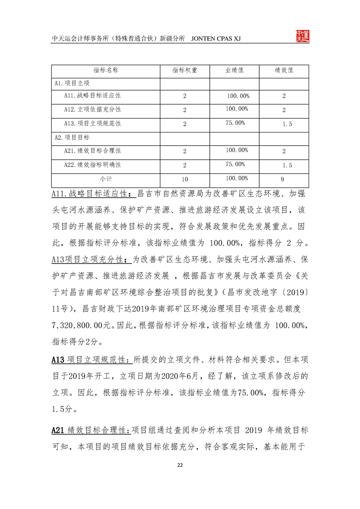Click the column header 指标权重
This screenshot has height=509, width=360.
(184, 71)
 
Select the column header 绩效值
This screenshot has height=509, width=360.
(284, 71)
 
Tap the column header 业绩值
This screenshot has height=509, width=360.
(234, 71)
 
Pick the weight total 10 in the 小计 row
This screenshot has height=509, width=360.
(184, 179)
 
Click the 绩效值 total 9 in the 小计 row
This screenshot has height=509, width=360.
(282, 179)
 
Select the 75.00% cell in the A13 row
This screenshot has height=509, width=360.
(235, 123)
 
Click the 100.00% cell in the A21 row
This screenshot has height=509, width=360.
(237, 150)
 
